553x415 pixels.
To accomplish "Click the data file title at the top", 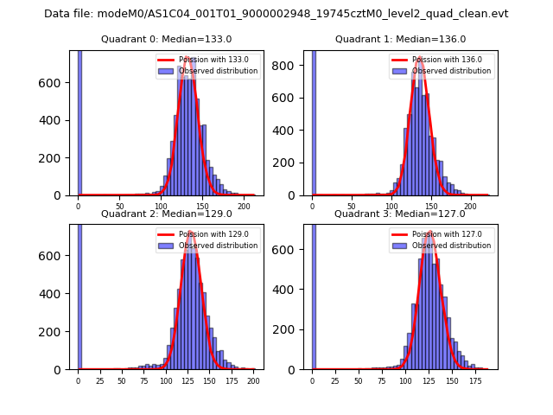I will click(276, 14).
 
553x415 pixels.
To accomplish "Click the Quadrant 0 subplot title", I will click(166, 39).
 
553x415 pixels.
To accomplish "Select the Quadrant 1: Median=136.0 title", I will click(400, 39).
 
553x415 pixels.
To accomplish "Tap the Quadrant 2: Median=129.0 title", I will click(166, 214).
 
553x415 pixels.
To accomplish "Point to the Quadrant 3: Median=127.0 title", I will click(400, 214).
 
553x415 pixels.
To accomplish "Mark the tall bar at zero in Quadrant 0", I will click(79, 121).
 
